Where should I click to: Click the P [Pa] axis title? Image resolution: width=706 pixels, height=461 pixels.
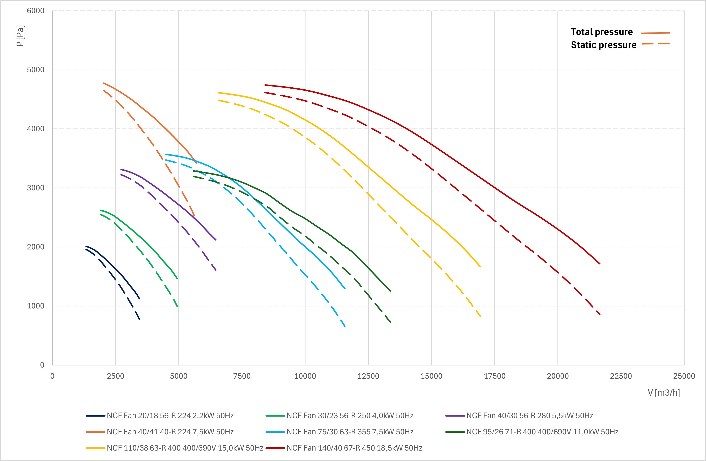point(20,36)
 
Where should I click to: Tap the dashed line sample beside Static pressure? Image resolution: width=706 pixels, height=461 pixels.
point(656,44)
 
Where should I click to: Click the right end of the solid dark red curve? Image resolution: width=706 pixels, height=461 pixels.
point(600,263)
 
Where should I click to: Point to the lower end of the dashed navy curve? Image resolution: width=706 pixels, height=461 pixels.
point(140,319)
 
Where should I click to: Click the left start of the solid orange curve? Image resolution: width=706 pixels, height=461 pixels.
point(103,83)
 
